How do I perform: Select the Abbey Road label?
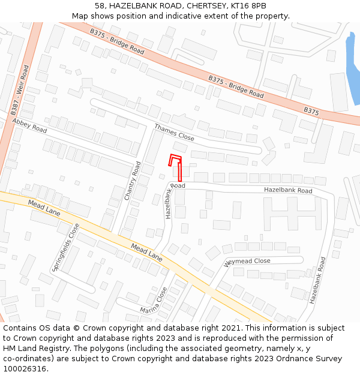(x=29, y=125)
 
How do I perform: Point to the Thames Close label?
(x=174, y=133)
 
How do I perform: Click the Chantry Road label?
(x=133, y=181)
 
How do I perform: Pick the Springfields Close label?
(x=65, y=247)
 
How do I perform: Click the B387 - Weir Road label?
(x=20, y=90)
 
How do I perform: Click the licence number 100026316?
(x=23, y=369)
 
